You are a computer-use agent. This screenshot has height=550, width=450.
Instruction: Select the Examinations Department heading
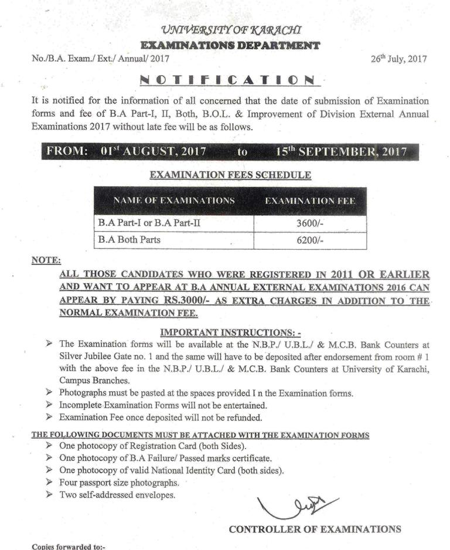coord(230,45)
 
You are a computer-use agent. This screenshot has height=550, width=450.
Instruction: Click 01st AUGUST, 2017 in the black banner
coord(153,151)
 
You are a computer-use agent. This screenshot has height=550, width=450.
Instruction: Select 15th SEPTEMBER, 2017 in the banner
coord(342,151)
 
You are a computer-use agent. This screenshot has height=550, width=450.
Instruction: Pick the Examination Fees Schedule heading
coord(230,175)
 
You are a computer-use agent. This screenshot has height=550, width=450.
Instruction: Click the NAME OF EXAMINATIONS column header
coord(174,201)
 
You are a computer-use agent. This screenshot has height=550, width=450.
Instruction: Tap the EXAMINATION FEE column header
coord(310,201)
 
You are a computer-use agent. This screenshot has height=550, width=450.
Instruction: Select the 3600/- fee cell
coord(311,224)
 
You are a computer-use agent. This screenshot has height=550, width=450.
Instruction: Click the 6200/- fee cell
coord(311,240)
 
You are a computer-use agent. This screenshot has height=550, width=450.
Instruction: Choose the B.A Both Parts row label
coord(129,240)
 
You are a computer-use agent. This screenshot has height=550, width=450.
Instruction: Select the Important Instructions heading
coord(230,332)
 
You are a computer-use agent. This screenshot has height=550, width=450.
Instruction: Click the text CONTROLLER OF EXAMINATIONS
coord(315,529)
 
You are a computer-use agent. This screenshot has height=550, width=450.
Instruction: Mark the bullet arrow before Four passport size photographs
coord(49,483)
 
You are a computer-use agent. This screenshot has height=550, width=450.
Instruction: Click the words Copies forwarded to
coord(69,546)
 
